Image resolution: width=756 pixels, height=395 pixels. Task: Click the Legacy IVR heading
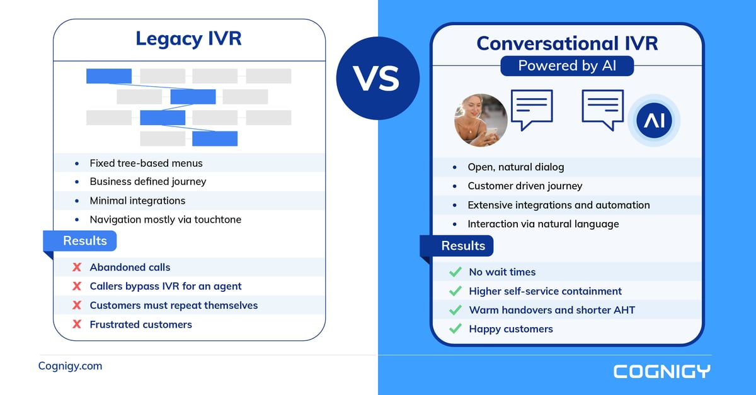coord(188,39)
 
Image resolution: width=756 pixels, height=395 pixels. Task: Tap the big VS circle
coord(377,79)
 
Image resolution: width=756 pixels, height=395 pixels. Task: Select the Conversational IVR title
coord(567,43)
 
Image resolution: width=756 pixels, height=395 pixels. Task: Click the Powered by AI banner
coord(567,65)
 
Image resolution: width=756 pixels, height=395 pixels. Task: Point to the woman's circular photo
coord(481,120)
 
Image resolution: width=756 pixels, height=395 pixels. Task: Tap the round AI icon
coord(654,120)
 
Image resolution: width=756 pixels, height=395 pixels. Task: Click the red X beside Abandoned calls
coord(77,267)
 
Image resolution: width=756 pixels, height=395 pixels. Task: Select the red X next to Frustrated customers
coord(77,325)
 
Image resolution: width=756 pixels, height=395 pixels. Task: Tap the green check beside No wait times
coord(455,272)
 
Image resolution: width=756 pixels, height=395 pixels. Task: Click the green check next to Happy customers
coord(455,329)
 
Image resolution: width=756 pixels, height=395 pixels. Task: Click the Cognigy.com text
coord(70,366)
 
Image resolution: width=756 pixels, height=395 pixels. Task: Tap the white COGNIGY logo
coord(661,371)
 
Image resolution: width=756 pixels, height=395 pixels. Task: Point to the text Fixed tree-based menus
coord(146,163)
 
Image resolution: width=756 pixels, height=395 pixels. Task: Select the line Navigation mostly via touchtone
coord(165,220)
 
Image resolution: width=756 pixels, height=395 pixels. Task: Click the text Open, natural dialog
coord(515,167)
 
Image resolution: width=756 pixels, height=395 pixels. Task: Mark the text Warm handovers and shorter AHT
coord(552,310)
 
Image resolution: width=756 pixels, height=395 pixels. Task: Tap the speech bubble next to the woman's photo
coord(531,109)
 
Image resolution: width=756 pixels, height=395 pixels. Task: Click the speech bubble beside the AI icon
coord(602,109)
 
